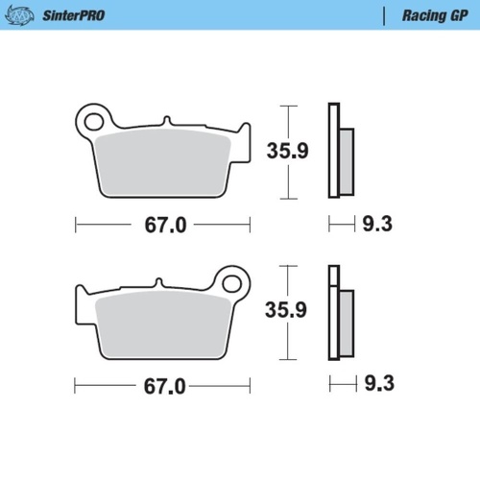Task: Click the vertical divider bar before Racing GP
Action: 384,15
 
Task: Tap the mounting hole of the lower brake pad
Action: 231,283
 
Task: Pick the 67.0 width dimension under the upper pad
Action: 163,226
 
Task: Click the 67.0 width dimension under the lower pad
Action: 163,387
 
